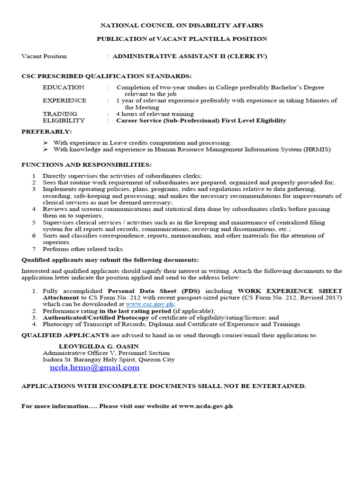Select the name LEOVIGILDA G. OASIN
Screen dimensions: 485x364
[99, 346]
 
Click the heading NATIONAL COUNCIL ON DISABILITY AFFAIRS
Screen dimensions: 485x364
[182, 25]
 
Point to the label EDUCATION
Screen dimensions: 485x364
[64, 87]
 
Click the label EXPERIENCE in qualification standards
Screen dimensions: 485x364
[64, 100]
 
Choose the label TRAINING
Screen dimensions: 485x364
[60, 114]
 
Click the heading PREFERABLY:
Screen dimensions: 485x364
[47, 131]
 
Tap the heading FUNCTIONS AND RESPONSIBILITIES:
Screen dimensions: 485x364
[87, 164]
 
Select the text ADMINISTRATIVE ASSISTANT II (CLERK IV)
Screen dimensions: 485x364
[190, 56]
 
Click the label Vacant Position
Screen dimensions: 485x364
[44, 56]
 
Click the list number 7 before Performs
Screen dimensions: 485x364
[34, 249]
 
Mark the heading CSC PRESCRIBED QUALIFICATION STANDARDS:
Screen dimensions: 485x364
[107, 76]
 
